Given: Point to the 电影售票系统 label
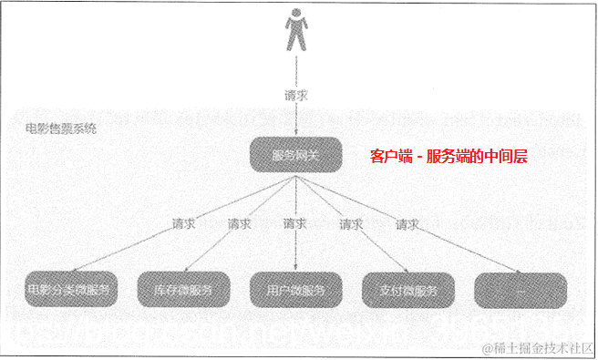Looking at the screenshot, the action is (62, 129).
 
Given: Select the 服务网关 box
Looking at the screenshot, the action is (295, 156).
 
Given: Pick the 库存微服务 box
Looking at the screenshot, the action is (182, 289).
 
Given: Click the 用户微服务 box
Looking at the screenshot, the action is (295, 289).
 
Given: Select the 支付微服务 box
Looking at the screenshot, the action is (407, 289).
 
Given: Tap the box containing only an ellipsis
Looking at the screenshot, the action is (521, 289).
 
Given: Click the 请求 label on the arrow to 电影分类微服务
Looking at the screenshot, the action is (182, 223).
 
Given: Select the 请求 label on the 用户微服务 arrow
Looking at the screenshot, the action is (294, 223).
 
